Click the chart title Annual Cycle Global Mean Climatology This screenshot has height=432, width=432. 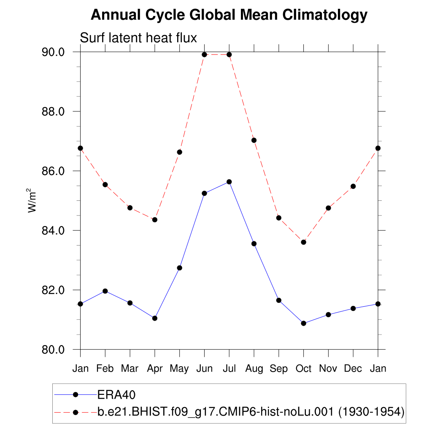pos(229,15)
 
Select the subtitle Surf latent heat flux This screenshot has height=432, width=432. pos(138,38)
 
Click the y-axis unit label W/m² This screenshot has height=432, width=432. pos(32,200)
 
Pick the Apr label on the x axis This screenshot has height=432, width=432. pos(155,369)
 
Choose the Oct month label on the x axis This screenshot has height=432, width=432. pos(303,369)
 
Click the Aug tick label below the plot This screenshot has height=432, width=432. pos(254,369)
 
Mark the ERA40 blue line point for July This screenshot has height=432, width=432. pos(229,182)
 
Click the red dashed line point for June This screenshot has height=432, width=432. pos(204,54)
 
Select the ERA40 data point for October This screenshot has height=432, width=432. pos(303,323)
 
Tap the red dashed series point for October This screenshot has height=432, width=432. pos(303,242)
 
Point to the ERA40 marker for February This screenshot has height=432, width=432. pos(105,291)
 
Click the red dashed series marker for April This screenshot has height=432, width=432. pos(155,220)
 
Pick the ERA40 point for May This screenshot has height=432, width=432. pos(179,268)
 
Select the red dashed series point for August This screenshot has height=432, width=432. pos(254,140)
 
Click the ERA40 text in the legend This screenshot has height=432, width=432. pos(116,394)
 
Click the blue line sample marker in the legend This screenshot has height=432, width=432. pos(76,394)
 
